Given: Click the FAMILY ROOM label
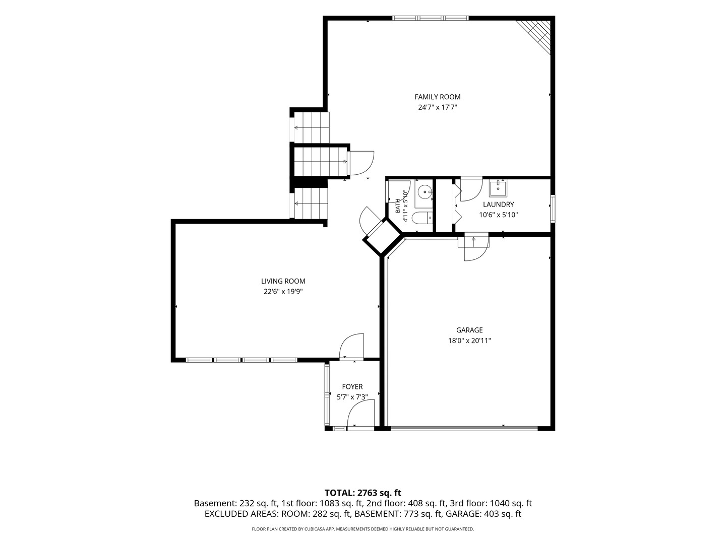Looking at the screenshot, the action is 437,97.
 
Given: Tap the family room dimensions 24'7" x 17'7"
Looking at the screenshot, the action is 437,107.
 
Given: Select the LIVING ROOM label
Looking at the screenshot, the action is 283,281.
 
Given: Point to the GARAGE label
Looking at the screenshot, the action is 469,330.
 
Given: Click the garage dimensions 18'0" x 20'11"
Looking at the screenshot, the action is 469,341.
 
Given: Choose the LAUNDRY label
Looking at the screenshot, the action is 499,205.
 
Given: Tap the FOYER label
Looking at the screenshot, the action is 352,386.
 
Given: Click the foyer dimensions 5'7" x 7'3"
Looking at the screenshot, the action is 352,397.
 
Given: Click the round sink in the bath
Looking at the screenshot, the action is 425,191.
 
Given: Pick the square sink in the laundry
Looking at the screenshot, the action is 498,188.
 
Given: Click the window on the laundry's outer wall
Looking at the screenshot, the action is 553,209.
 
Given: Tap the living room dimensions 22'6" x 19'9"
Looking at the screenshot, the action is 283,292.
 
